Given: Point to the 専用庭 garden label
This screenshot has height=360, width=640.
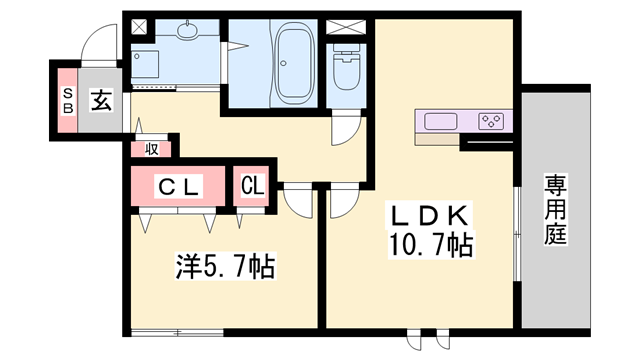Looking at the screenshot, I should tap(555, 211).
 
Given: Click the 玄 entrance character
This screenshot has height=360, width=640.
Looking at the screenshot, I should tap(102, 100).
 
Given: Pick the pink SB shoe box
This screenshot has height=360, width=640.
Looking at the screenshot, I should tap(67, 100).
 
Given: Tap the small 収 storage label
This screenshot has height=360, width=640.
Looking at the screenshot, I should tap(151, 150).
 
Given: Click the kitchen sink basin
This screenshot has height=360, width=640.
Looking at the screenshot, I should tap(441, 122).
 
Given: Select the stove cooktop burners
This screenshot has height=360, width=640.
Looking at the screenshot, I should tap(491, 122).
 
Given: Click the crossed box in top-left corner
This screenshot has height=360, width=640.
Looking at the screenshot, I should tap(138, 26).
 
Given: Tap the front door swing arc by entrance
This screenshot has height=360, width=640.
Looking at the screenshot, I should tap(100, 45).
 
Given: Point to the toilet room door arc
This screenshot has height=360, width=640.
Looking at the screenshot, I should tap(345, 131).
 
